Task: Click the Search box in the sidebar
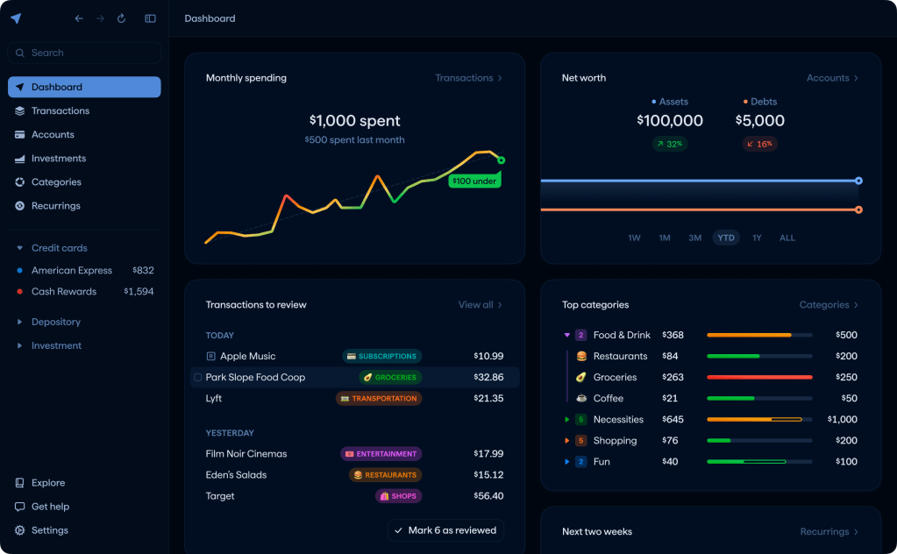tap(84, 53)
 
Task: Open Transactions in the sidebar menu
tap(61, 110)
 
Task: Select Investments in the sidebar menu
tap(59, 159)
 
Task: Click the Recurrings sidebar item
tap(55, 206)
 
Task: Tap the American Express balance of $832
tap(143, 271)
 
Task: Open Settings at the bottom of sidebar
tap(49, 530)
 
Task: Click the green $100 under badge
tap(473, 181)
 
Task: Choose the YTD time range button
tap(725, 238)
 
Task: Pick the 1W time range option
tap(634, 238)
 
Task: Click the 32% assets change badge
tap(669, 144)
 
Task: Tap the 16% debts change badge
tap(759, 144)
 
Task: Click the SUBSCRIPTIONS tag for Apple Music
tap(381, 357)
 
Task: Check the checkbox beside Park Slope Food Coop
tap(197, 378)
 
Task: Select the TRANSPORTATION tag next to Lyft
tap(379, 399)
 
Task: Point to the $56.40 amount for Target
tap(488, 496)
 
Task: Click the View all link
tap(480, 305)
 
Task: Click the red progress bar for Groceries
tap(759, 378)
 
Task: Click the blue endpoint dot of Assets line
tap(858, 181)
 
